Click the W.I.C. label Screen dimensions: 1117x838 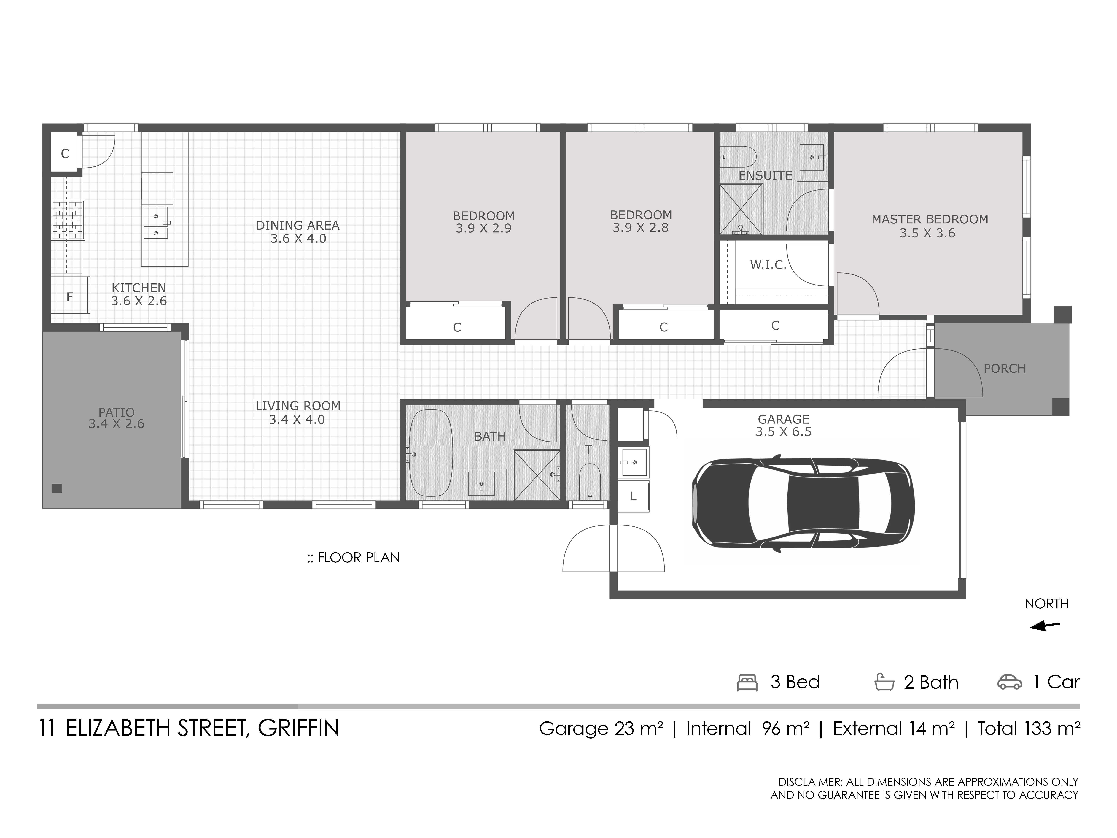click(768, 265)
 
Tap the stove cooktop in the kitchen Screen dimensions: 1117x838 click(68, 220)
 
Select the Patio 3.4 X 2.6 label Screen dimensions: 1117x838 click(117, 418)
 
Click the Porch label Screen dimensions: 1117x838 click(1004, 369)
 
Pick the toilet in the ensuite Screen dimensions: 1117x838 click(737, 157)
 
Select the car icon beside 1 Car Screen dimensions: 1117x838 click(1009, 682)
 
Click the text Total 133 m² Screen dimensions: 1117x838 click(1029, 728)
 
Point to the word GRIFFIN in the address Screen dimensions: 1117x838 click(298, 728)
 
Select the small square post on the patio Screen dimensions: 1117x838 click(57, 488)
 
